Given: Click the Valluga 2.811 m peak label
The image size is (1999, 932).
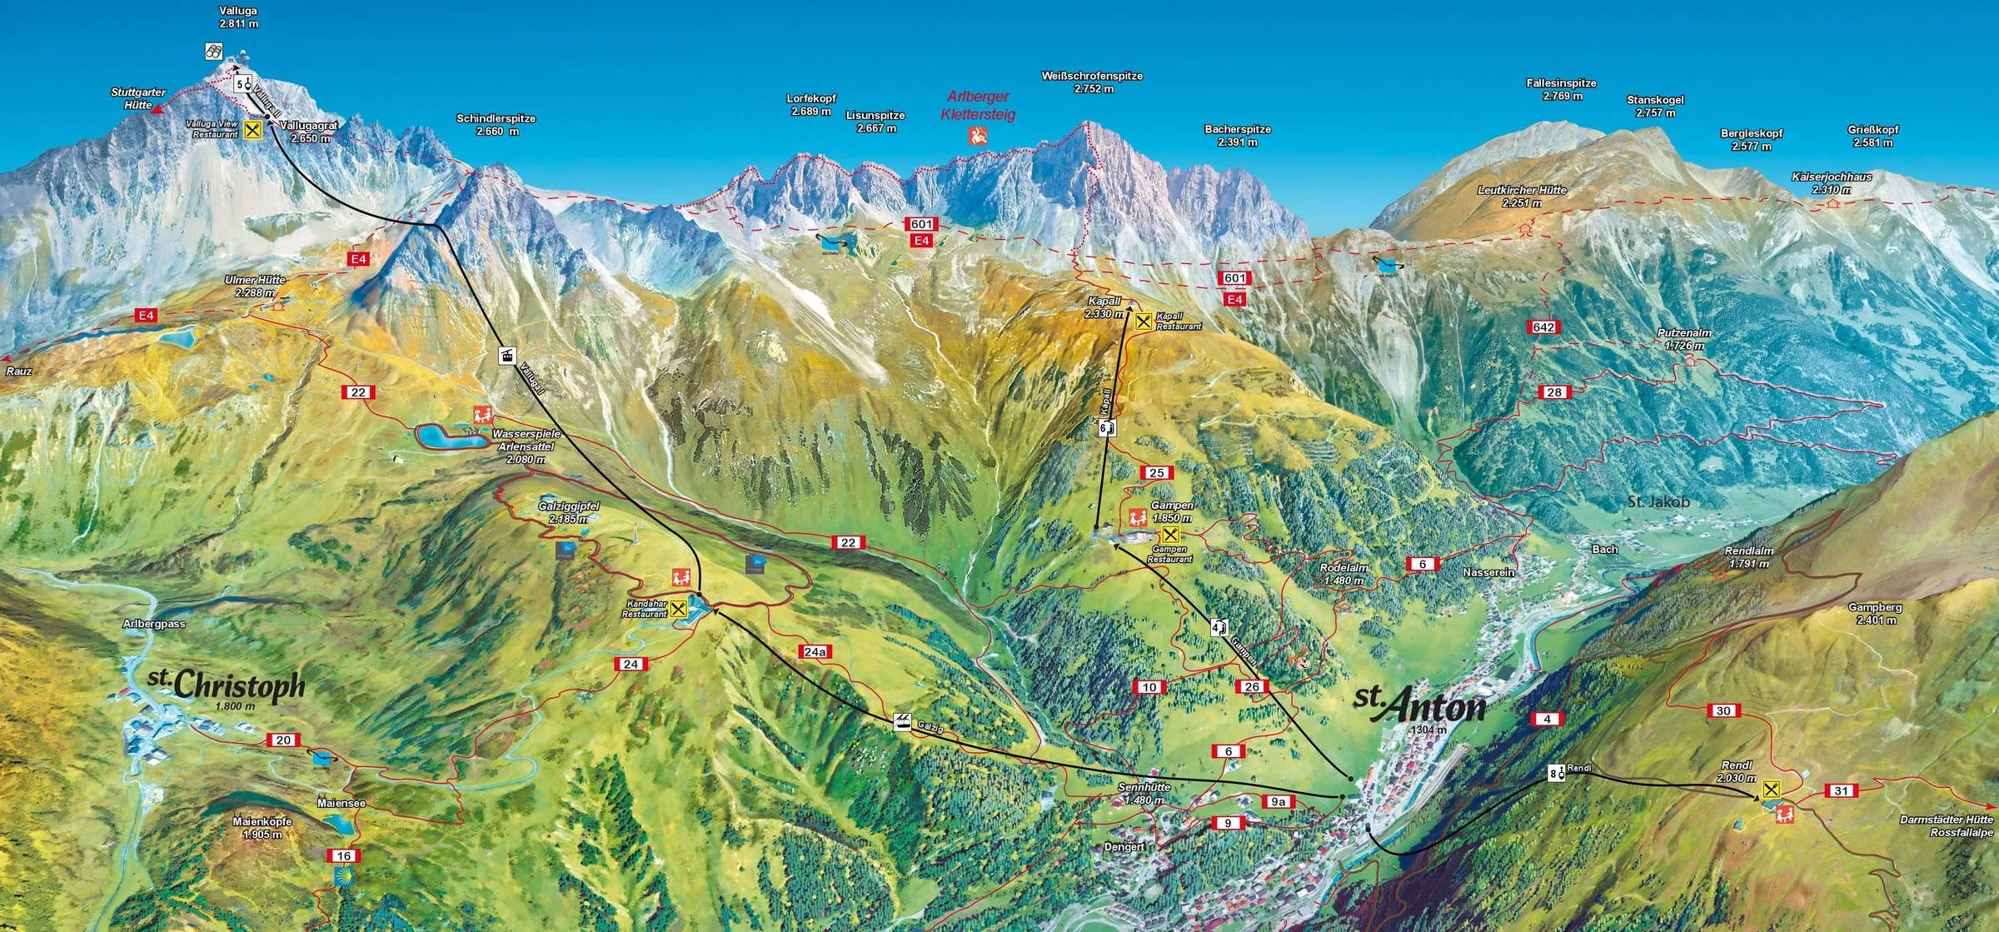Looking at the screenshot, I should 238,17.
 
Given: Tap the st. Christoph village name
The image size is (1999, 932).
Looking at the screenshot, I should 227,685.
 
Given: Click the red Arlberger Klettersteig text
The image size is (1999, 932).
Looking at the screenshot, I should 978,106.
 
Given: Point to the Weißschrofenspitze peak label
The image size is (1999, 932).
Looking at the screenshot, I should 1092,82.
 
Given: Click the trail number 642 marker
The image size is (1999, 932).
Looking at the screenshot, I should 1543,327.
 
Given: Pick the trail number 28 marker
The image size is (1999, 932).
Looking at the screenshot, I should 1554,392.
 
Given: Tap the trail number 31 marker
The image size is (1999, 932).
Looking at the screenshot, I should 1841,790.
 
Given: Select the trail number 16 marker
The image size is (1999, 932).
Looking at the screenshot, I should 343,855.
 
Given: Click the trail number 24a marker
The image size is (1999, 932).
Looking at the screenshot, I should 815,651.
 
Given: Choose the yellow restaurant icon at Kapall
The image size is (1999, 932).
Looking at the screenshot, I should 1144,321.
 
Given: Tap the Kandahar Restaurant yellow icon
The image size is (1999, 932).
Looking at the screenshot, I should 680,608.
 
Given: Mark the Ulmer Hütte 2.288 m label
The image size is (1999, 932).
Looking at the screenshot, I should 255,287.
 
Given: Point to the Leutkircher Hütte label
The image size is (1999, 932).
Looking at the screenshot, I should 1522,196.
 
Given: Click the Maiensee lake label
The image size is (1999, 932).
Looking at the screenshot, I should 341,803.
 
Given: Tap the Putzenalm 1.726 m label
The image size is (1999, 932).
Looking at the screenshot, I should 1683,338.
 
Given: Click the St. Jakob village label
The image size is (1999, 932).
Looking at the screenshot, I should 1658,501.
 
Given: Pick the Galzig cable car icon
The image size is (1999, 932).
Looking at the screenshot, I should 901,720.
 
